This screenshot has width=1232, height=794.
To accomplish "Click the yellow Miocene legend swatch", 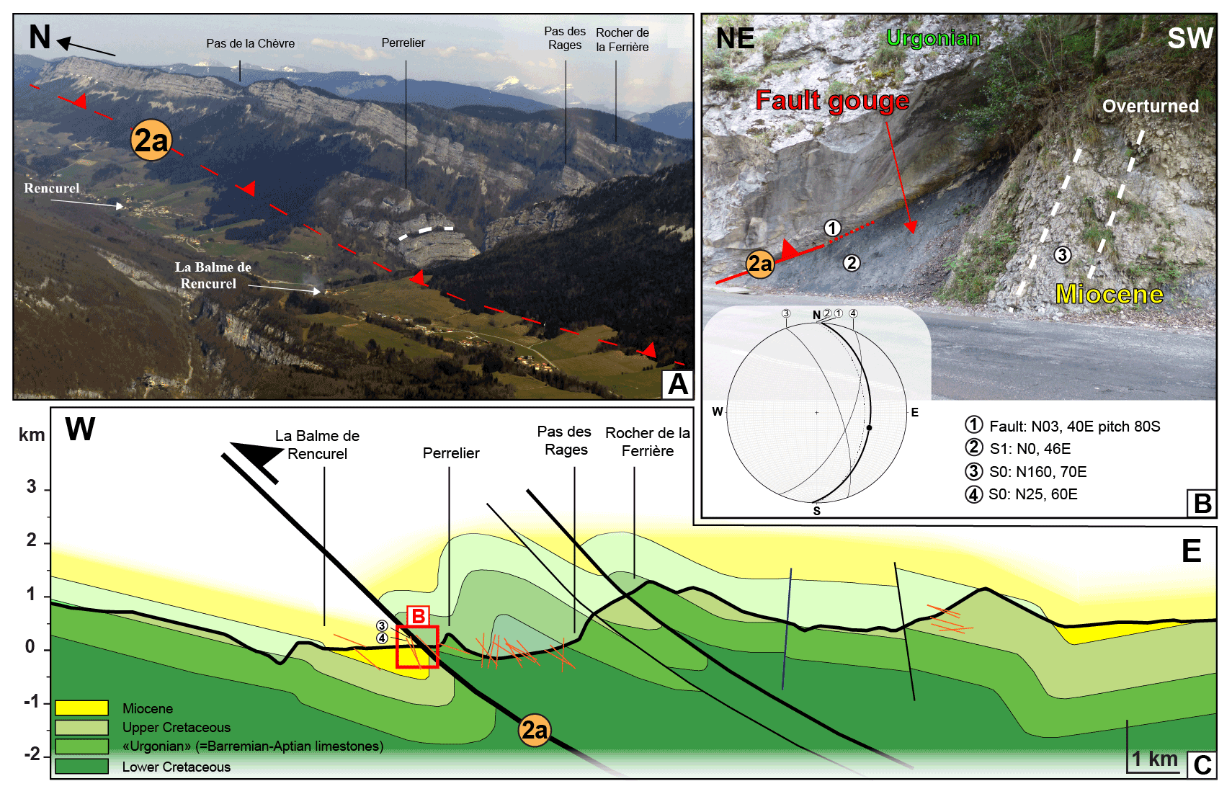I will [x=81, y=708].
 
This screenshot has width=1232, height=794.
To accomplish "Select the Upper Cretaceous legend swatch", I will [x=81, y=727].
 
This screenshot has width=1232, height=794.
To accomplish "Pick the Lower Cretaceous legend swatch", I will [x=81, y=766].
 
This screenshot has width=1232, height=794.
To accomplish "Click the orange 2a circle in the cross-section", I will [x=534, y=730].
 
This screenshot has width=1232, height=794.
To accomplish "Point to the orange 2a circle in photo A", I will [x=151, y=140].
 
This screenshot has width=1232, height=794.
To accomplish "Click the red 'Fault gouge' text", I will [x=831, y=100].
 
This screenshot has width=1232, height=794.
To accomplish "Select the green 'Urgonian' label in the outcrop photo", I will [x=933, y=37].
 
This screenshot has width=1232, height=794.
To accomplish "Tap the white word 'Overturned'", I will [x=1150, y=106].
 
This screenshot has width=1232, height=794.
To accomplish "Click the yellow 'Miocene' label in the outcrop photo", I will [x=1109, y=294].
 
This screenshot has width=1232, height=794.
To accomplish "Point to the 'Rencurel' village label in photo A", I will [x=51, y=188].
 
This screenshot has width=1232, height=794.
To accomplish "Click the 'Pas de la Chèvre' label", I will [x=250, y=43].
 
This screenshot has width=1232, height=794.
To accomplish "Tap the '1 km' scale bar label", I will [x=1153, y=759].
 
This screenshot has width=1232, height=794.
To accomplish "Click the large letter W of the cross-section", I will [x=80, y=429].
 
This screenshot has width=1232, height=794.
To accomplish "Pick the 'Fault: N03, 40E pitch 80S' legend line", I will [x=1073, y=426].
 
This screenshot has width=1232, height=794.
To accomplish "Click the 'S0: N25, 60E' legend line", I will [x=1032, y=494].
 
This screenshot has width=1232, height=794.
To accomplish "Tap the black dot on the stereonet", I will [x=869, y=428].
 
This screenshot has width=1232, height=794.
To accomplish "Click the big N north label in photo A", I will [x=40, y=37].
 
